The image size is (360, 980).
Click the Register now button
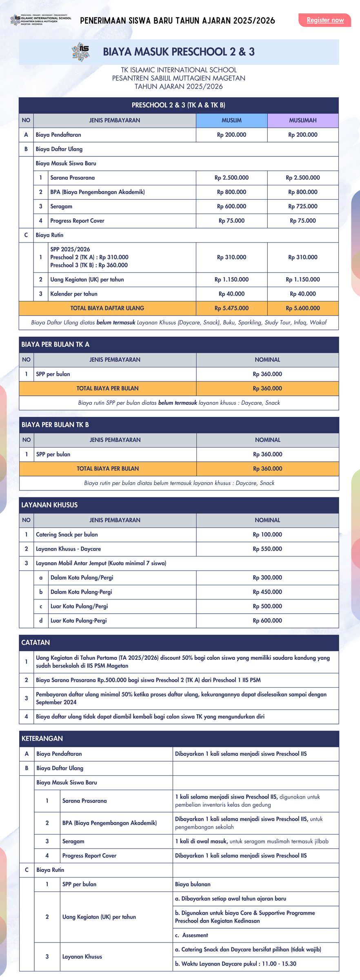pyautogui.click(x=325, y=20)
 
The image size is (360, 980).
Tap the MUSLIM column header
pyautogui.click(x=231, y=120)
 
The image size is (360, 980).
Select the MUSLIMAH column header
pyautogui.click(x=303, y=120)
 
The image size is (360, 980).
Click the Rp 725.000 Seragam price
pyautogui.click(x=303, y=207)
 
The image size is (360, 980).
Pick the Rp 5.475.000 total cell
pyautogui.click(x=231, y=308)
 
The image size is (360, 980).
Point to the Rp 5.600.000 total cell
pyautogui.click(x=303, y=308)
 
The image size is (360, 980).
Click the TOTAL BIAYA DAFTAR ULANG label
pyautogui.click(x=107, y=308)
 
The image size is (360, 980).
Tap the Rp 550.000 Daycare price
pyautogui.click(x=267, y=549)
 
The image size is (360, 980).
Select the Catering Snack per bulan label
pyautogui.click(x=67, y=535)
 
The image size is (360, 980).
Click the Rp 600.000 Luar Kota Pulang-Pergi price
pyautogui.click(x=267, y=621)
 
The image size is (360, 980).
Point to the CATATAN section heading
pyautogui.click(x=36, y=642)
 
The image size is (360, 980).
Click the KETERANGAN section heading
pyautogui.click(x=42, y=738)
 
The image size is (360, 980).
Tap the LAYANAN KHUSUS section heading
pyautogui.click(x=49, y=505)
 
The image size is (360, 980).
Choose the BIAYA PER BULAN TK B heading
pyautogui.click(x=55, y=425)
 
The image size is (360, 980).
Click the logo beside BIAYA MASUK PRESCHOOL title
pyautogui.click(x=81, y=51)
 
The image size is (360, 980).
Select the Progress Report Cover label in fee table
pyautogui.click(x=77, y=221)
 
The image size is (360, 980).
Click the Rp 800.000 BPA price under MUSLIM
pyautogui.click(x=231, y=192)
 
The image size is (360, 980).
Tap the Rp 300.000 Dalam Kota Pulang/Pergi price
pyautogui.click(x=267, y=577)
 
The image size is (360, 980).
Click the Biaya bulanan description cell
pyautogui.click(x=193, y=884)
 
